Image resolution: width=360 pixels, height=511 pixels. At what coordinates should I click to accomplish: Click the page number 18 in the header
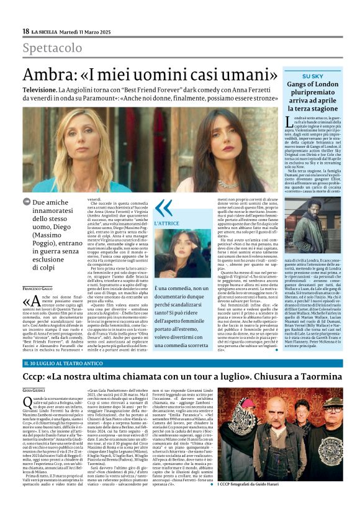pos(25,31)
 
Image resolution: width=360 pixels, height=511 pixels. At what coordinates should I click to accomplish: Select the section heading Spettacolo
pos(52,48)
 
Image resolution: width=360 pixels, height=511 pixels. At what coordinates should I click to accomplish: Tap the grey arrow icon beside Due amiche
pos(27,202)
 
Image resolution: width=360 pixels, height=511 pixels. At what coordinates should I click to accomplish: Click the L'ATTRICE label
pos(166,222)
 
